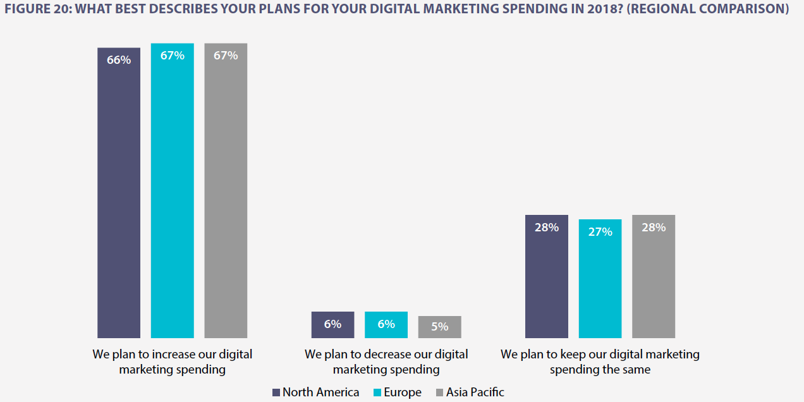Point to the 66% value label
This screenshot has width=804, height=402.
pyautogui.click(x=119, y=60)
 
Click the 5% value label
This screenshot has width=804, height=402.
pyautogui.click(x=440, y=327)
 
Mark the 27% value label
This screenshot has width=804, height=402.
pyautogui.click(x=600, y=232)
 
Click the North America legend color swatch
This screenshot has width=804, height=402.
pyautogui.click(x=276, y=393)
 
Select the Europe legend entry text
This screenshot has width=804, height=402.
pyautogui.click(x=402, y=393)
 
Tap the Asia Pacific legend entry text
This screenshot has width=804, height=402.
pyautogui.click(x=475, y=393)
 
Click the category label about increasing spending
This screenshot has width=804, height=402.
pyautogui.click(x=172, y=362)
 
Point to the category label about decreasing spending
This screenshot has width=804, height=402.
pyautogui.click(x=386, y=362)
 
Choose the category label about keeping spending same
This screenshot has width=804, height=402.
pyautogui.click(x=600, y=362)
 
